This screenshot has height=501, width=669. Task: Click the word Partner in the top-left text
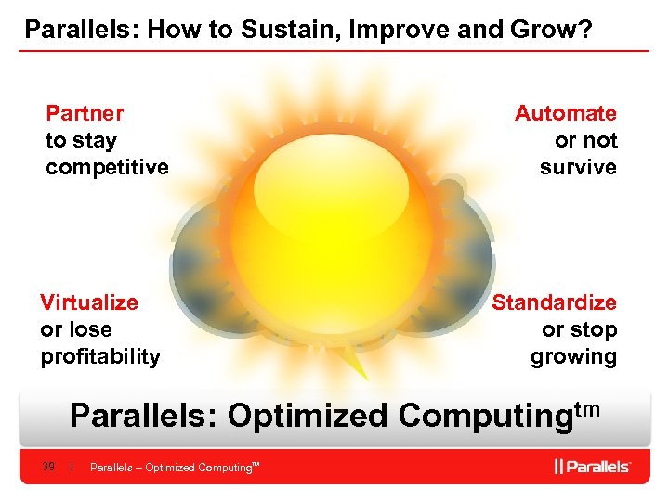coord(85,113)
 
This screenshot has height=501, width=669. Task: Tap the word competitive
coord(107,167)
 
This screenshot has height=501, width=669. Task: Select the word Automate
coord(565,113)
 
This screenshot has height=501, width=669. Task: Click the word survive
coord(578,167)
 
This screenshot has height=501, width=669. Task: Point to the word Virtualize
coord(89,302)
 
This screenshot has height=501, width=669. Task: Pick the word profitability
coord(100,356)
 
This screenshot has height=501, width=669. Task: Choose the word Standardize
coord(554,302)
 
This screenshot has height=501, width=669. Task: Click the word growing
coord(573,356)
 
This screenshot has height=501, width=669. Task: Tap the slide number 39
coord(48,467)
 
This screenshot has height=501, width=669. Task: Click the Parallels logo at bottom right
coord(593,466)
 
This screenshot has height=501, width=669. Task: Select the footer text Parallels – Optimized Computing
coord(172,468)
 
